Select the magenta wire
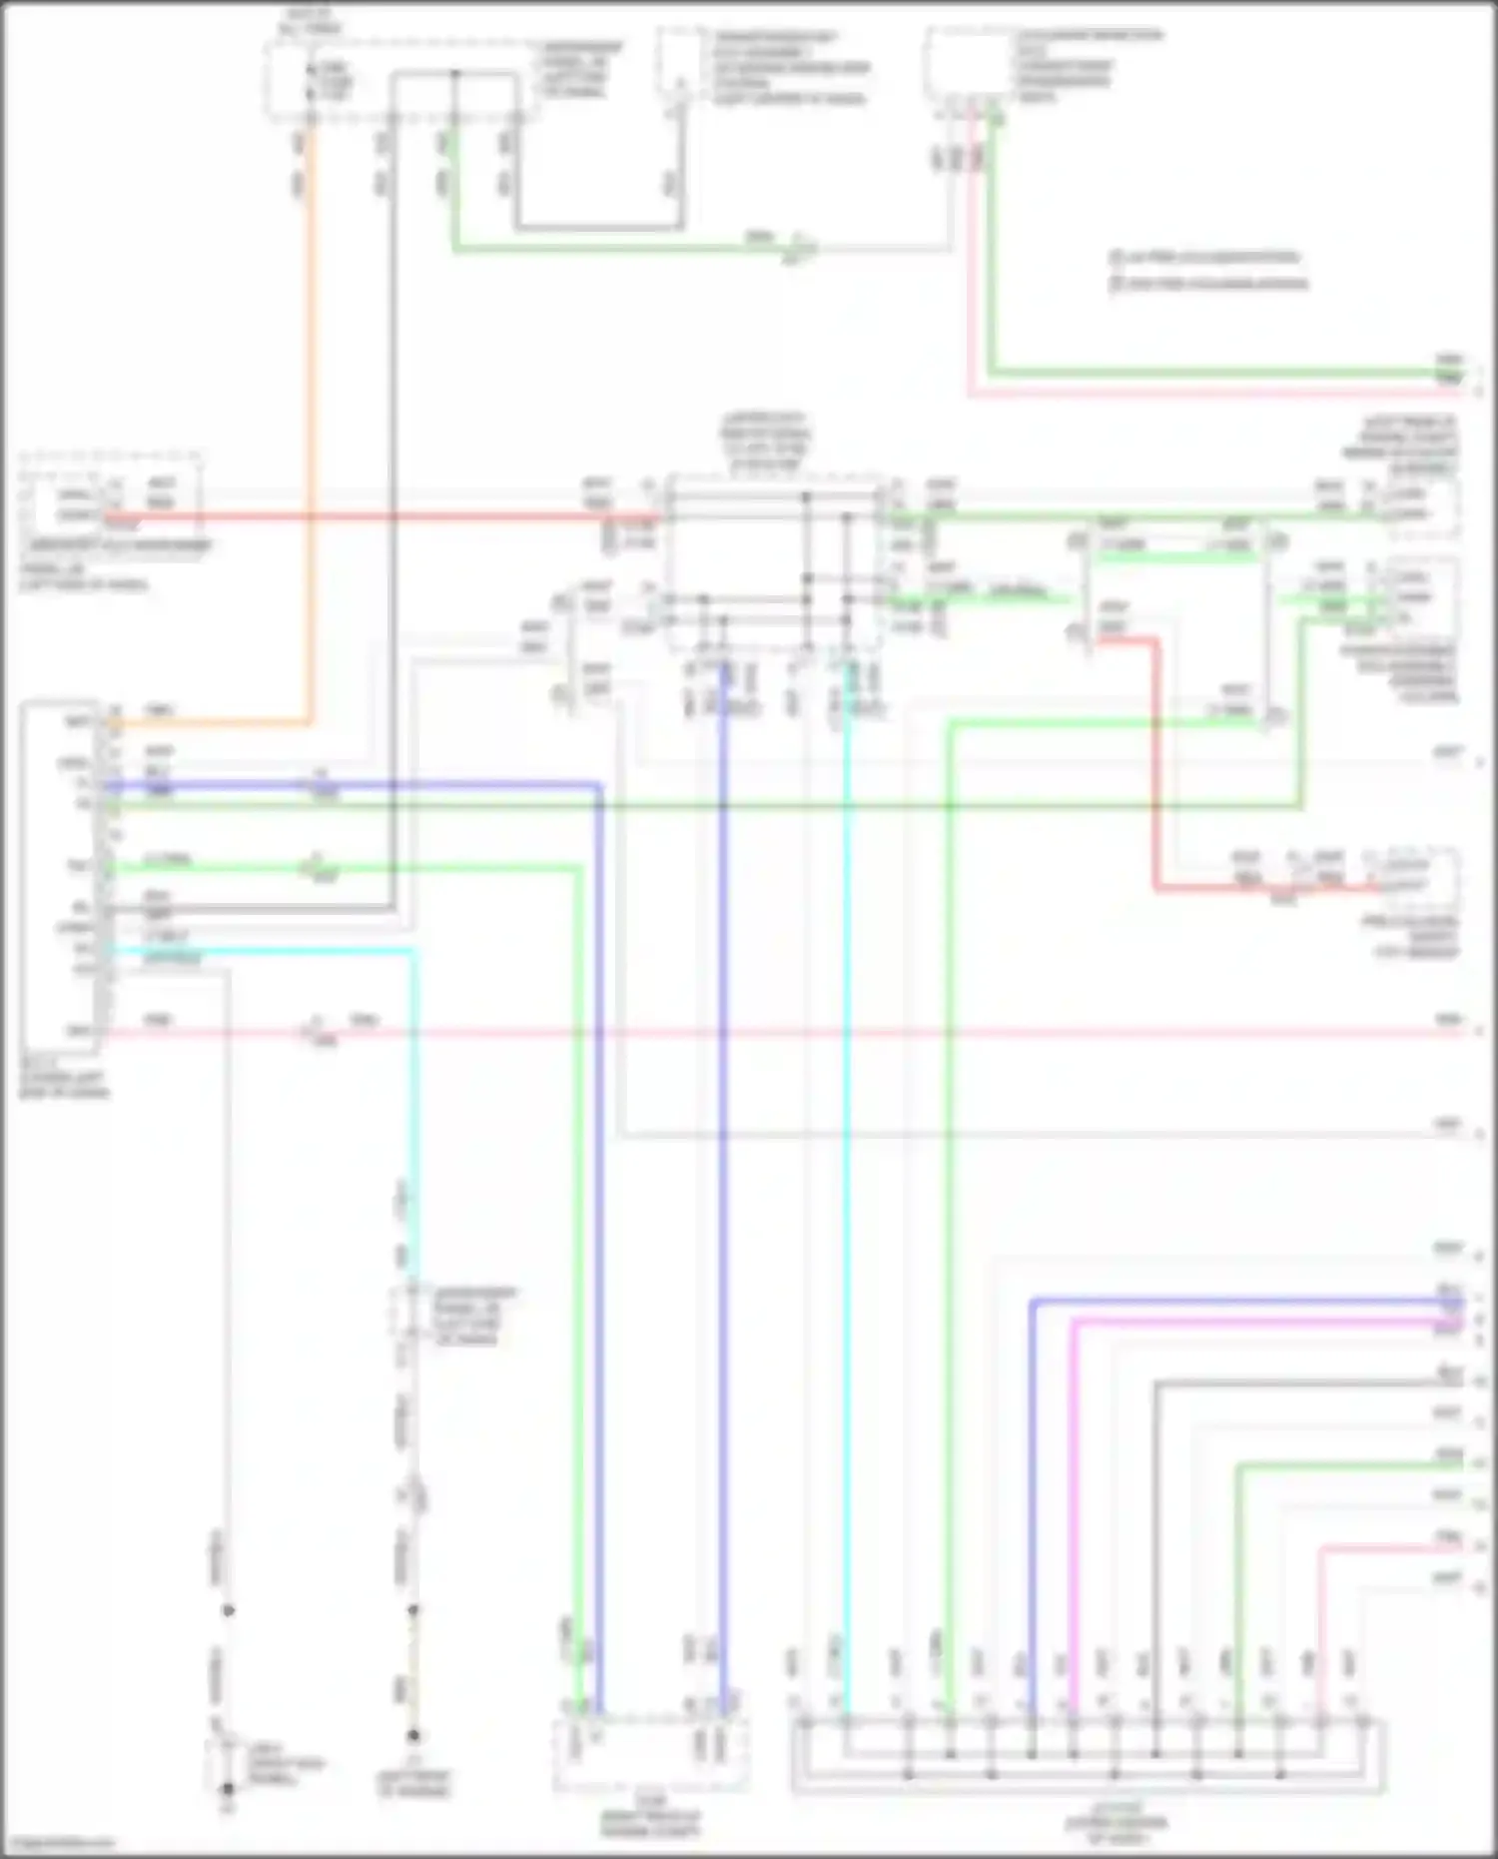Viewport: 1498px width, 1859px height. coord(1073,1498)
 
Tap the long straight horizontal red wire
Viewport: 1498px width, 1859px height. coord(399,516)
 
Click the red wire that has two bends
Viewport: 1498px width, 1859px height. coord(1156,759)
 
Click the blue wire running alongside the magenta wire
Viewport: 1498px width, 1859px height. coord(1032,1498)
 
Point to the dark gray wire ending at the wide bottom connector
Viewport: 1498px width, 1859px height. coord(1155,1548)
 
